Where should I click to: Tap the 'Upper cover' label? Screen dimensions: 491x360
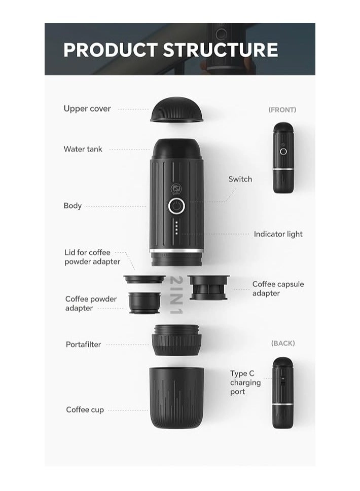[x=87, y=108]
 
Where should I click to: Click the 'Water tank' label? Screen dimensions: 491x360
[x=83, y=149]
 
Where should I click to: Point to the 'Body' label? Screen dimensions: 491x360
[x=73, y=206]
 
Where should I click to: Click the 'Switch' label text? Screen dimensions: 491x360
[x=240, y=179]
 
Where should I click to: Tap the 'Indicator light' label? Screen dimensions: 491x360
[x=278, y=234]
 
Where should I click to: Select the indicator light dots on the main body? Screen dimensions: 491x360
[x=176, y=227]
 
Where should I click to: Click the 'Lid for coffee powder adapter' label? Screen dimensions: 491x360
[x=92, y=257]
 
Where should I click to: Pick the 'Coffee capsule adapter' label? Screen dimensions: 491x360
[x=278, y=288]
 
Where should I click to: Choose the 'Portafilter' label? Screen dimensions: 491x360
[x=83, y=345]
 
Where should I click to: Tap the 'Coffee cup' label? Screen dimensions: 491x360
[x=85, y=409]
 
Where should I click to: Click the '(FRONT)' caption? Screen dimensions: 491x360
[x=282, y=109]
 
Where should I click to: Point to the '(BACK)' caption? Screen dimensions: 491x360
[x=283, y=343]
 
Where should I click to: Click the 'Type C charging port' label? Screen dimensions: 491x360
[x=245, y=383]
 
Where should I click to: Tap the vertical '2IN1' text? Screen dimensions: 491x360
[x=176, y=295]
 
